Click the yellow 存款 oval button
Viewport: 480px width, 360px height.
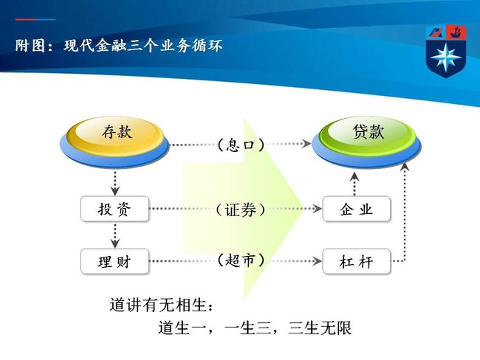coord(114,142)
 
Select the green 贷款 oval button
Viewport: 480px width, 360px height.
coord(366,142)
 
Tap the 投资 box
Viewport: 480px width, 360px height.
coord(114,210)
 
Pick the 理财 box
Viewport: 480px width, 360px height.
coord(114,261)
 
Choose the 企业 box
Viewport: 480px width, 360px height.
coord(357,210)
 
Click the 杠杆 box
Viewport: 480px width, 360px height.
coord(357,261)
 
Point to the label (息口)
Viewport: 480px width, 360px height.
coord(241,145)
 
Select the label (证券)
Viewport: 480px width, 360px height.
coord(241,210)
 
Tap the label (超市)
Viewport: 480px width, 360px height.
coord(241,260)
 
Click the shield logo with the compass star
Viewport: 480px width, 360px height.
coord(446,51)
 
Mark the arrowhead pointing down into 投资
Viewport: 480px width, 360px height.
coord(115,191)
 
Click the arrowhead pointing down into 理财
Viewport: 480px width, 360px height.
coord(115,243)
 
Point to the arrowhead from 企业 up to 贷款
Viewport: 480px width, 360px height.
coord(354,176)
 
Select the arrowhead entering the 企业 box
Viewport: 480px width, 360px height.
coord(317,209)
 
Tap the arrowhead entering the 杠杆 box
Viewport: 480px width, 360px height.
coord(317,261)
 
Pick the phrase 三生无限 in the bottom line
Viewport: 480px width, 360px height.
coord(320,328)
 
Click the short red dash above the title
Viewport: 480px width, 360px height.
coord(25,20)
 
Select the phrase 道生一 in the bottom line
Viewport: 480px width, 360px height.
coord(182,328)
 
